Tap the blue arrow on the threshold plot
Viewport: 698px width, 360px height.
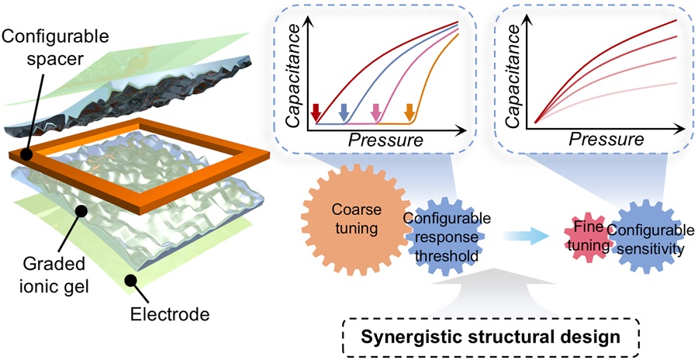pyautogui.click(x=345, y=113)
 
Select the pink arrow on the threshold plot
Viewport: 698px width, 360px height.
pyautogui.click(x=377, y=113)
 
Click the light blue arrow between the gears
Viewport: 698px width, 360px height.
pyautogui.click(x=532, y=233)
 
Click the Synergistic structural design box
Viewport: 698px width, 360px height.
pyautogui.click(x=494, y=336)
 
